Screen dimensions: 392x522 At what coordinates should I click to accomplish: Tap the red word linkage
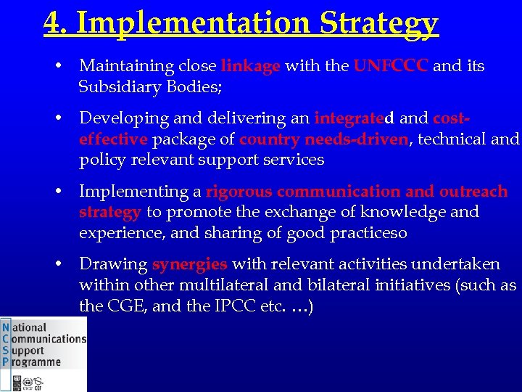(x=250, y=66)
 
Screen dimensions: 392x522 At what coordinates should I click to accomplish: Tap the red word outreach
(x=473, y=192)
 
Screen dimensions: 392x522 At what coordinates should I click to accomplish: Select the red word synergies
(x=189, y=264)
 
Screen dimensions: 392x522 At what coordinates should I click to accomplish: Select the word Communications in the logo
(x=49, y=338)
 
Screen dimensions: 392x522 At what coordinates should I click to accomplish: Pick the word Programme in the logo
(x=36, y=362)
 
